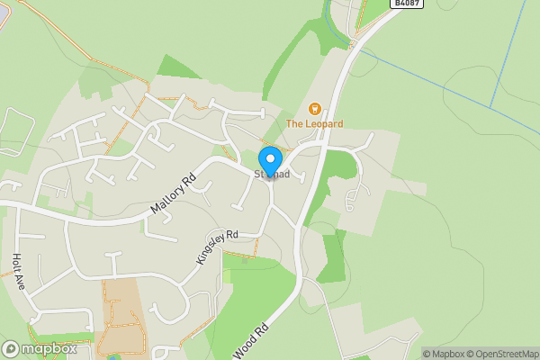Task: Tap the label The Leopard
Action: [314, 123]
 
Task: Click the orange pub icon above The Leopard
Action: [314, 109]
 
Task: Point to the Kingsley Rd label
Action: [216, 247]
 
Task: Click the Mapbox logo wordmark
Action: [49, 349]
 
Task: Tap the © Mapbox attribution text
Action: [442, 354]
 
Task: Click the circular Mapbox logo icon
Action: [11, 349]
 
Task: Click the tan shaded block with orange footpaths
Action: [121, 319]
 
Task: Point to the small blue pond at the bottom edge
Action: [114, 357]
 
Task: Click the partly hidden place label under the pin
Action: [271, 175]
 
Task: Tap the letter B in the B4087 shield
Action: [397, 4]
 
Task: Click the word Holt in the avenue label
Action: [16, 263]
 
